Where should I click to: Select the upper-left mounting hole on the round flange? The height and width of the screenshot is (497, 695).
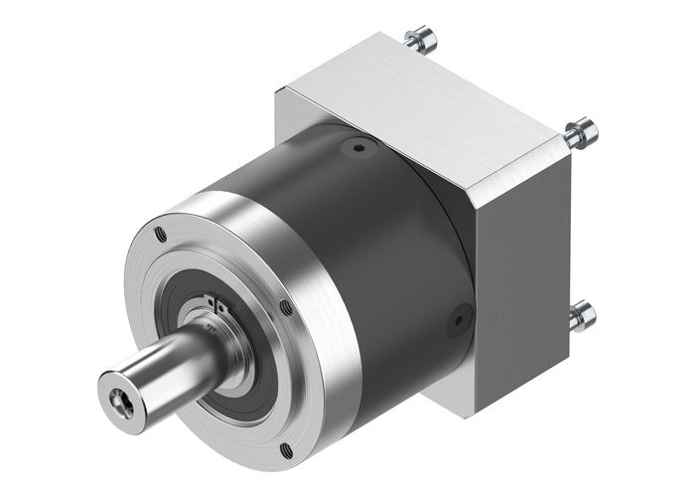point(160,235)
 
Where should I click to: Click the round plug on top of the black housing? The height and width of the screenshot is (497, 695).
point(357,150)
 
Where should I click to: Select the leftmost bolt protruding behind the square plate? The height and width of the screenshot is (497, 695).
point(417,39)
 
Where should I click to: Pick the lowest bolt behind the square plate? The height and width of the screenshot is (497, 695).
point(582,316)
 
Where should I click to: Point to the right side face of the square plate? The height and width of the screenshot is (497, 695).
point(526,278)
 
